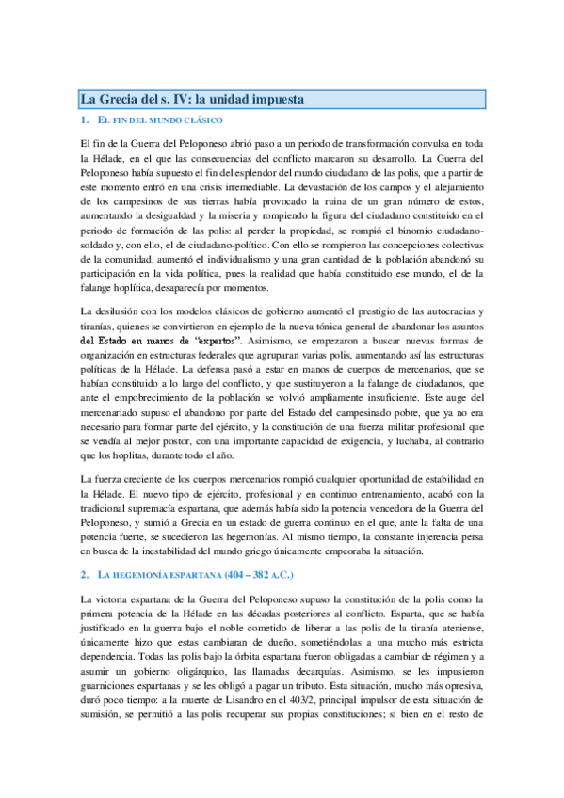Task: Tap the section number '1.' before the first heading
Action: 85,120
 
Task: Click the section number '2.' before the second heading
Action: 85,573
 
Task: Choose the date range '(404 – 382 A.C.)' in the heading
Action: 277,573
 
